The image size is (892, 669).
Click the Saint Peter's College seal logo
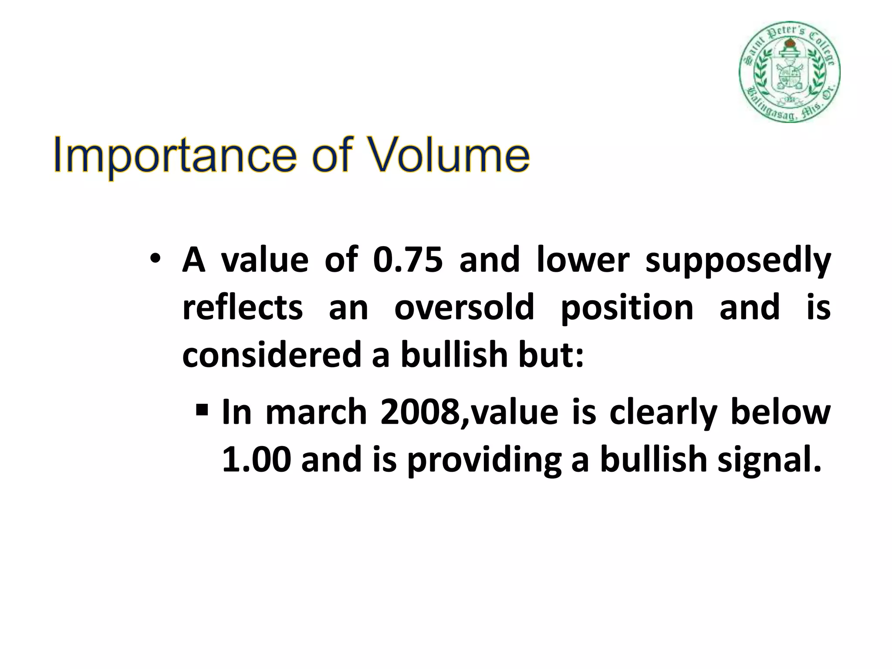pos(789,72)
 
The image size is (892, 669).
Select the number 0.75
pos(408,260)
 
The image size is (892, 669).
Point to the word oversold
pos(464,307)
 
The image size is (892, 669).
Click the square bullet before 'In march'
pos(201,410)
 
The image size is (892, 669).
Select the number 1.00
pos(256,460)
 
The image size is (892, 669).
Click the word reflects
pos(242,307)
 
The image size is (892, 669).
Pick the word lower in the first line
pos(583,260)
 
